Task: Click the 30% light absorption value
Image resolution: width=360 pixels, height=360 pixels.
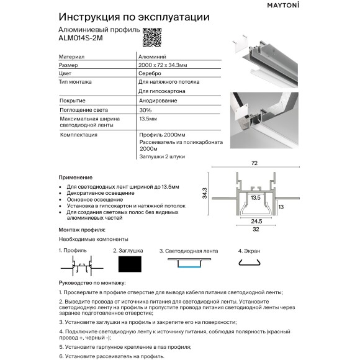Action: point(145,109)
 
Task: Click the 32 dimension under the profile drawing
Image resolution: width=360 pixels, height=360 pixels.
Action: point(255,228)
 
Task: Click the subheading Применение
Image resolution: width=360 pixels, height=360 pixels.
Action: point(75,177)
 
